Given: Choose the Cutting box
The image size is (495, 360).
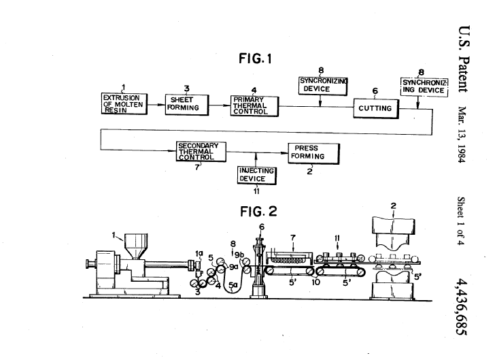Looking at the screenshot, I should point(375,108).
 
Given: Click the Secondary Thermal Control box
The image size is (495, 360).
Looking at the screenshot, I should point(201,151).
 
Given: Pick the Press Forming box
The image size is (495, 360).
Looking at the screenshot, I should point(307,152).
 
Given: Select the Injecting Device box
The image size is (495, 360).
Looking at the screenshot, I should point(257,175).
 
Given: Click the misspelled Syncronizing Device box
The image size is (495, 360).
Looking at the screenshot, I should point(324,85).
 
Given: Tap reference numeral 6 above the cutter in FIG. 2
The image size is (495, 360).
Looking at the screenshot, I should point(260,227).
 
